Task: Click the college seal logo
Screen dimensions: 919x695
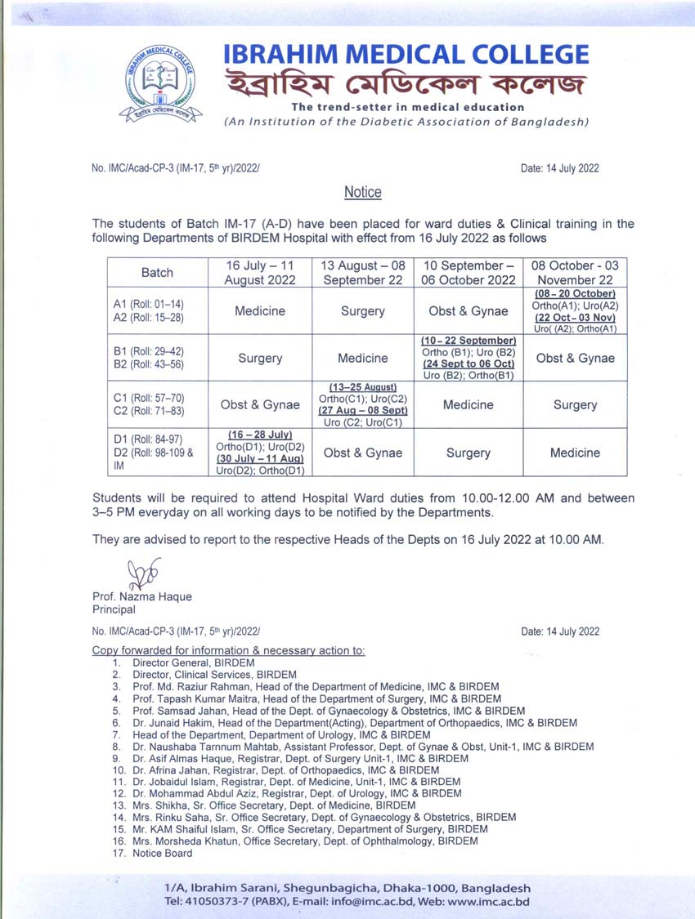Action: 160,82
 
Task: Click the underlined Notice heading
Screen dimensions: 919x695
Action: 362,192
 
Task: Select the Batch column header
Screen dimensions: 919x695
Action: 157,273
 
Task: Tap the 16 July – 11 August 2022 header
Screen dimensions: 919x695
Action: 260,273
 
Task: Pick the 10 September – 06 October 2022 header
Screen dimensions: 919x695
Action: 469,273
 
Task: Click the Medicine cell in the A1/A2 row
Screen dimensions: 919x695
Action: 260,311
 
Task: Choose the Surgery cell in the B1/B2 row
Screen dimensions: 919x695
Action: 260,358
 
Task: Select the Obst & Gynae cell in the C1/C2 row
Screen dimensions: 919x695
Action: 260,404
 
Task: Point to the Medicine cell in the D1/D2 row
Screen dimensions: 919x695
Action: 575,453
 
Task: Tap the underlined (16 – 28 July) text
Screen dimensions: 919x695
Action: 259,434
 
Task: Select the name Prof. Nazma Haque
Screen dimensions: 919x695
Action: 142,596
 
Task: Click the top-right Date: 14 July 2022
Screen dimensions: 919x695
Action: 559,169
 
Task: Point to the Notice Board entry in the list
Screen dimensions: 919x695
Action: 163,853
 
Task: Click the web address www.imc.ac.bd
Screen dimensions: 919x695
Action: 487,902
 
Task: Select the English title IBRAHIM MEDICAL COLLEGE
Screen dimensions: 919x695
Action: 406,54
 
